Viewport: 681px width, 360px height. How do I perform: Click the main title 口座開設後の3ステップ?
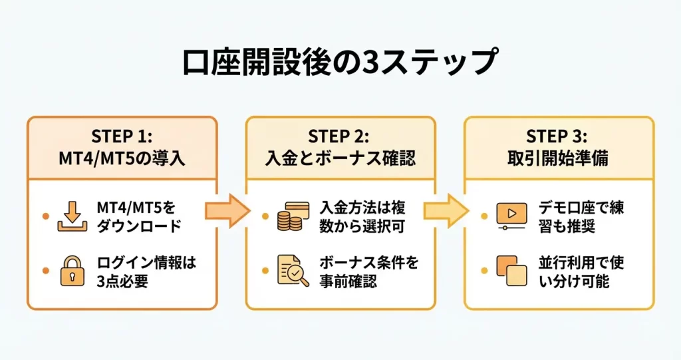tap(340, 63)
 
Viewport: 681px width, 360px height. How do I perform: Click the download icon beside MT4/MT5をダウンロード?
tap(72, 216)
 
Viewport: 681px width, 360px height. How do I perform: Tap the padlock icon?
tap(72, 271)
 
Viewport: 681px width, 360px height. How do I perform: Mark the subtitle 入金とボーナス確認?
tap(340, 160)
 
